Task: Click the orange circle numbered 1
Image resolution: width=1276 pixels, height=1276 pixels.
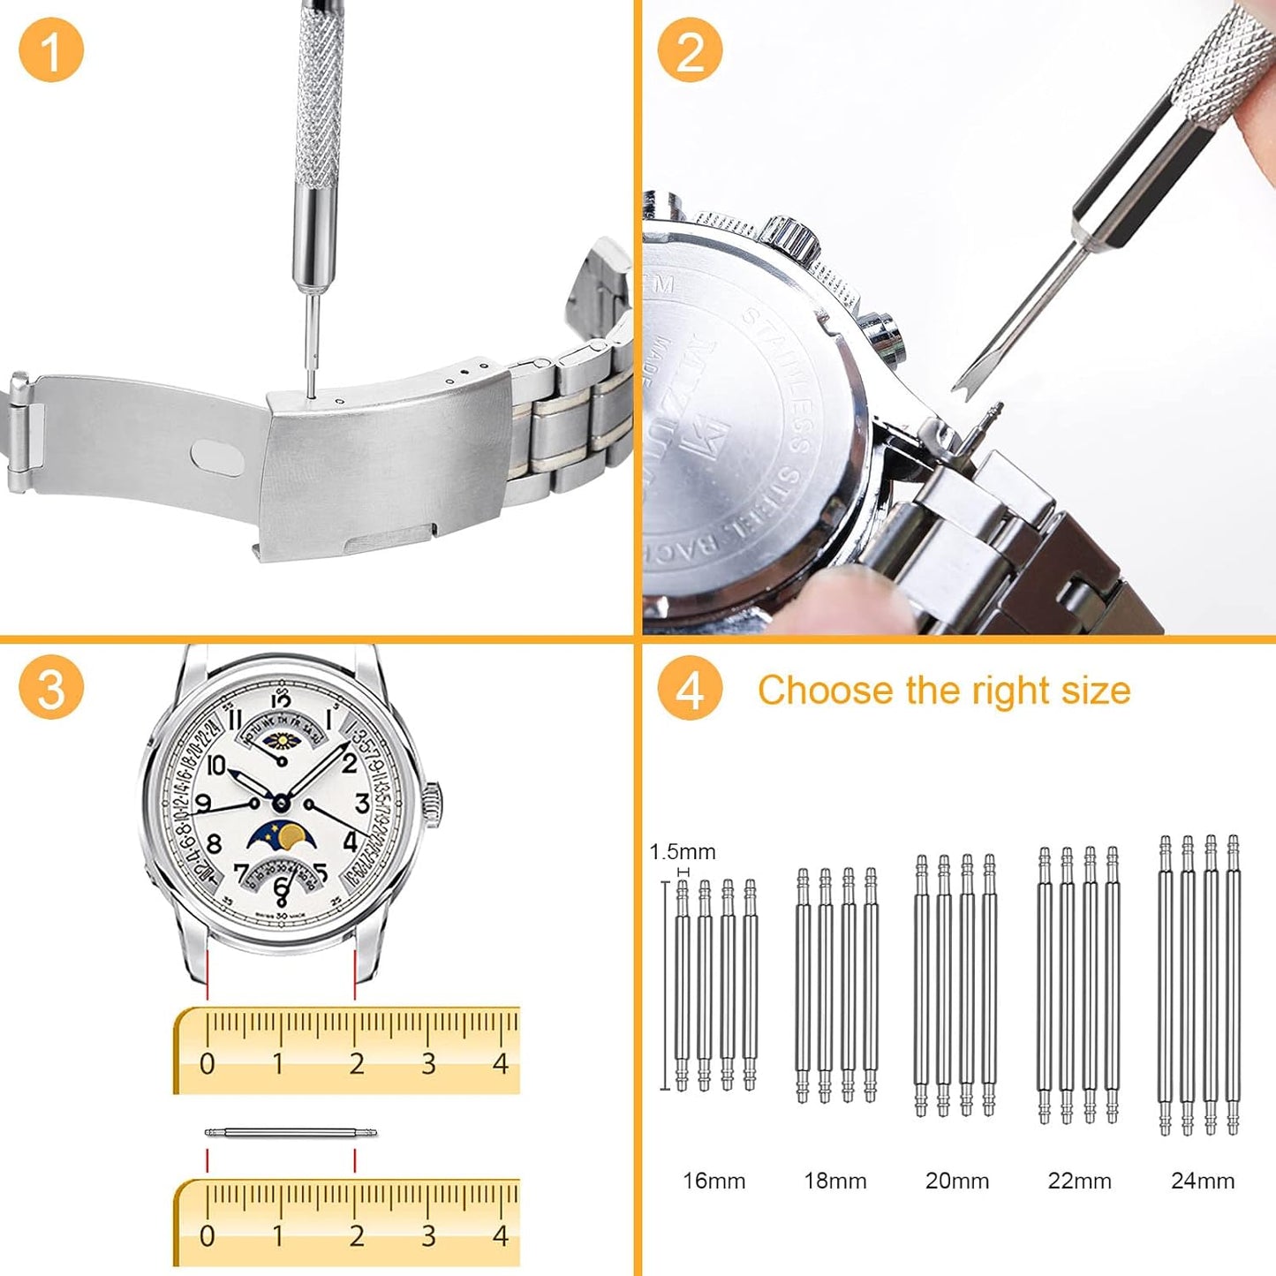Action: pyautogui.click(x=51, y=50)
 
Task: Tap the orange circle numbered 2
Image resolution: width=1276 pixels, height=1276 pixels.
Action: pyautogui.click(x=690, y=50)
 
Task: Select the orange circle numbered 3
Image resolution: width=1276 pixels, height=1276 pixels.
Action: pyautogui.click(x=51, y=688)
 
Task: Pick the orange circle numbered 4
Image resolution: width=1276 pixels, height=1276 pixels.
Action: pyautogui.click(x=690, y=688)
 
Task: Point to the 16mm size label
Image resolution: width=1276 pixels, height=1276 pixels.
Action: pyautogui.click(x=714, y=1181)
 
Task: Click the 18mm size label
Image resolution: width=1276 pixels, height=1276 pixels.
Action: pyautogui.click(x=835, y=1181)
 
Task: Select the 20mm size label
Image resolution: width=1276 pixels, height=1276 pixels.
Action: pyautogui.click(x=957, y=1181)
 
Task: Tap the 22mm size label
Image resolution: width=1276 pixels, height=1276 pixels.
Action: pyautogui.click(x=1079, y=1181)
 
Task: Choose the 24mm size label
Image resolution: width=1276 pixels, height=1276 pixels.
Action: pyautogui.click(x=1203, y=1181)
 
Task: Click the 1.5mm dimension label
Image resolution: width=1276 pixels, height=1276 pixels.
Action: pyautogui.click(x=683, y=852)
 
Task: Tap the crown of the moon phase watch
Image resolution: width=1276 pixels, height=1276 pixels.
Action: pyautogui.click(x=434, y=804)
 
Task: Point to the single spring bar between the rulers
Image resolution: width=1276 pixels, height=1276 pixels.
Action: pyautogui.click(x=291, y=1132)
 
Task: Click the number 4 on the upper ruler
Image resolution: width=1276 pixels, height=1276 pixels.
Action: pyautogui.click(x=501, y=1063)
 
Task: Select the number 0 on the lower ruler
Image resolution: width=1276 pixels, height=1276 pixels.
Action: pyautogui.click(x=207, y=1235)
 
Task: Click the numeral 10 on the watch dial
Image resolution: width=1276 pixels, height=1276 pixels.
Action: pyautogui.click(x=216, y=765)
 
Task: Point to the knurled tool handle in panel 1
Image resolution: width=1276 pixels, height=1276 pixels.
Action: pyautogui.click(x=319, y=97)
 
